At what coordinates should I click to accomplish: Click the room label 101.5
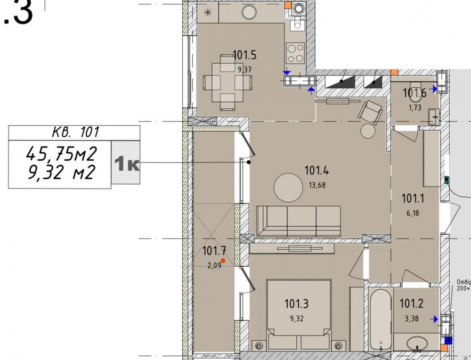point(244,56)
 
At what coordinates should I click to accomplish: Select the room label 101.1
point(413,199)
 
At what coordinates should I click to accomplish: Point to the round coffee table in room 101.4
point(289,188)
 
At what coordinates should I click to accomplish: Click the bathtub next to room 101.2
point(380,320)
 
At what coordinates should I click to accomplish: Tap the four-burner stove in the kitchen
point(295,53)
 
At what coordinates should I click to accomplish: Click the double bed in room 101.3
point(296,313)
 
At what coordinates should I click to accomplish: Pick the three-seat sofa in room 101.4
point(298,221)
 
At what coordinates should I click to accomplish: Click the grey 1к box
point(126,163)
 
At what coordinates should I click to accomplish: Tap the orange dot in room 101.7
point(223,260)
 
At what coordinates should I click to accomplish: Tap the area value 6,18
point(413,213)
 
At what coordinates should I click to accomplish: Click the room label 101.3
point(296,304)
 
